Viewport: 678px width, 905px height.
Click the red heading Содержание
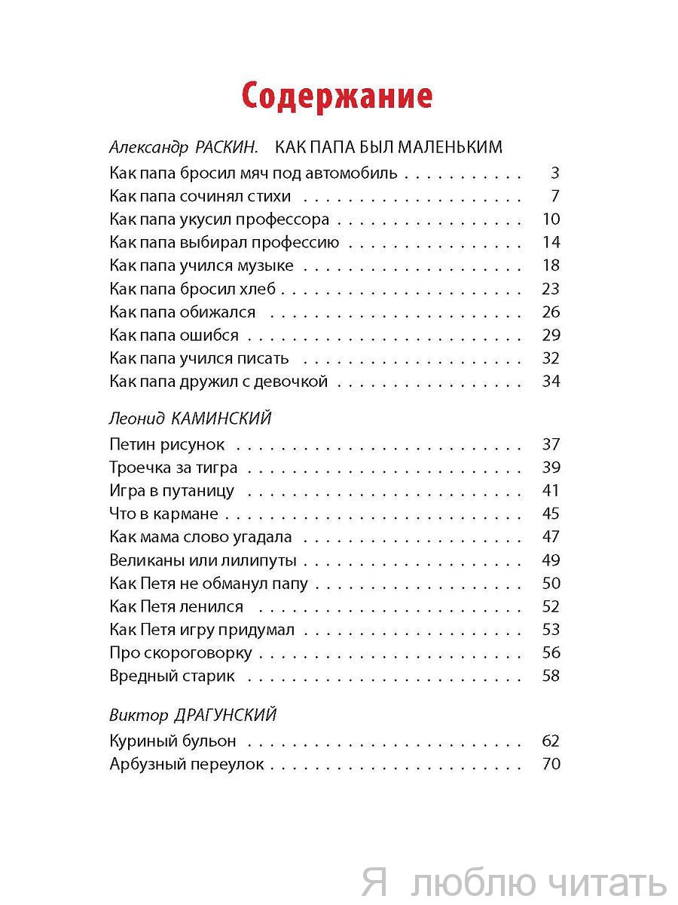coord(337,97)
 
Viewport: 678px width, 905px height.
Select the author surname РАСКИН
coord(226,146)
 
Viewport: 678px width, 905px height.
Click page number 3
coord(555,173)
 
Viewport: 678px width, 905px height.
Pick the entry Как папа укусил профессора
coord(219,220)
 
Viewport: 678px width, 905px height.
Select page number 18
coord(551,265)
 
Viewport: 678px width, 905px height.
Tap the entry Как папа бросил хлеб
coord(193,289)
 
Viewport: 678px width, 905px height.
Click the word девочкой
coord(290,382)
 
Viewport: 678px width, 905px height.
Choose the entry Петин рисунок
coord(166,445)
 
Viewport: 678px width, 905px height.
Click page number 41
coord(551,491)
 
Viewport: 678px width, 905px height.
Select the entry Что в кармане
coord(163,514)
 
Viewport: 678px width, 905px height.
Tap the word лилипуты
coord(258,561)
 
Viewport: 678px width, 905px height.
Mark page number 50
coord(551,584)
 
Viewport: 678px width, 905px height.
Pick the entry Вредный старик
coord(172,676)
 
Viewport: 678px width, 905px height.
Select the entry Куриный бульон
coord(173,741)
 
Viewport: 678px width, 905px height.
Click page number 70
coord(551,764)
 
